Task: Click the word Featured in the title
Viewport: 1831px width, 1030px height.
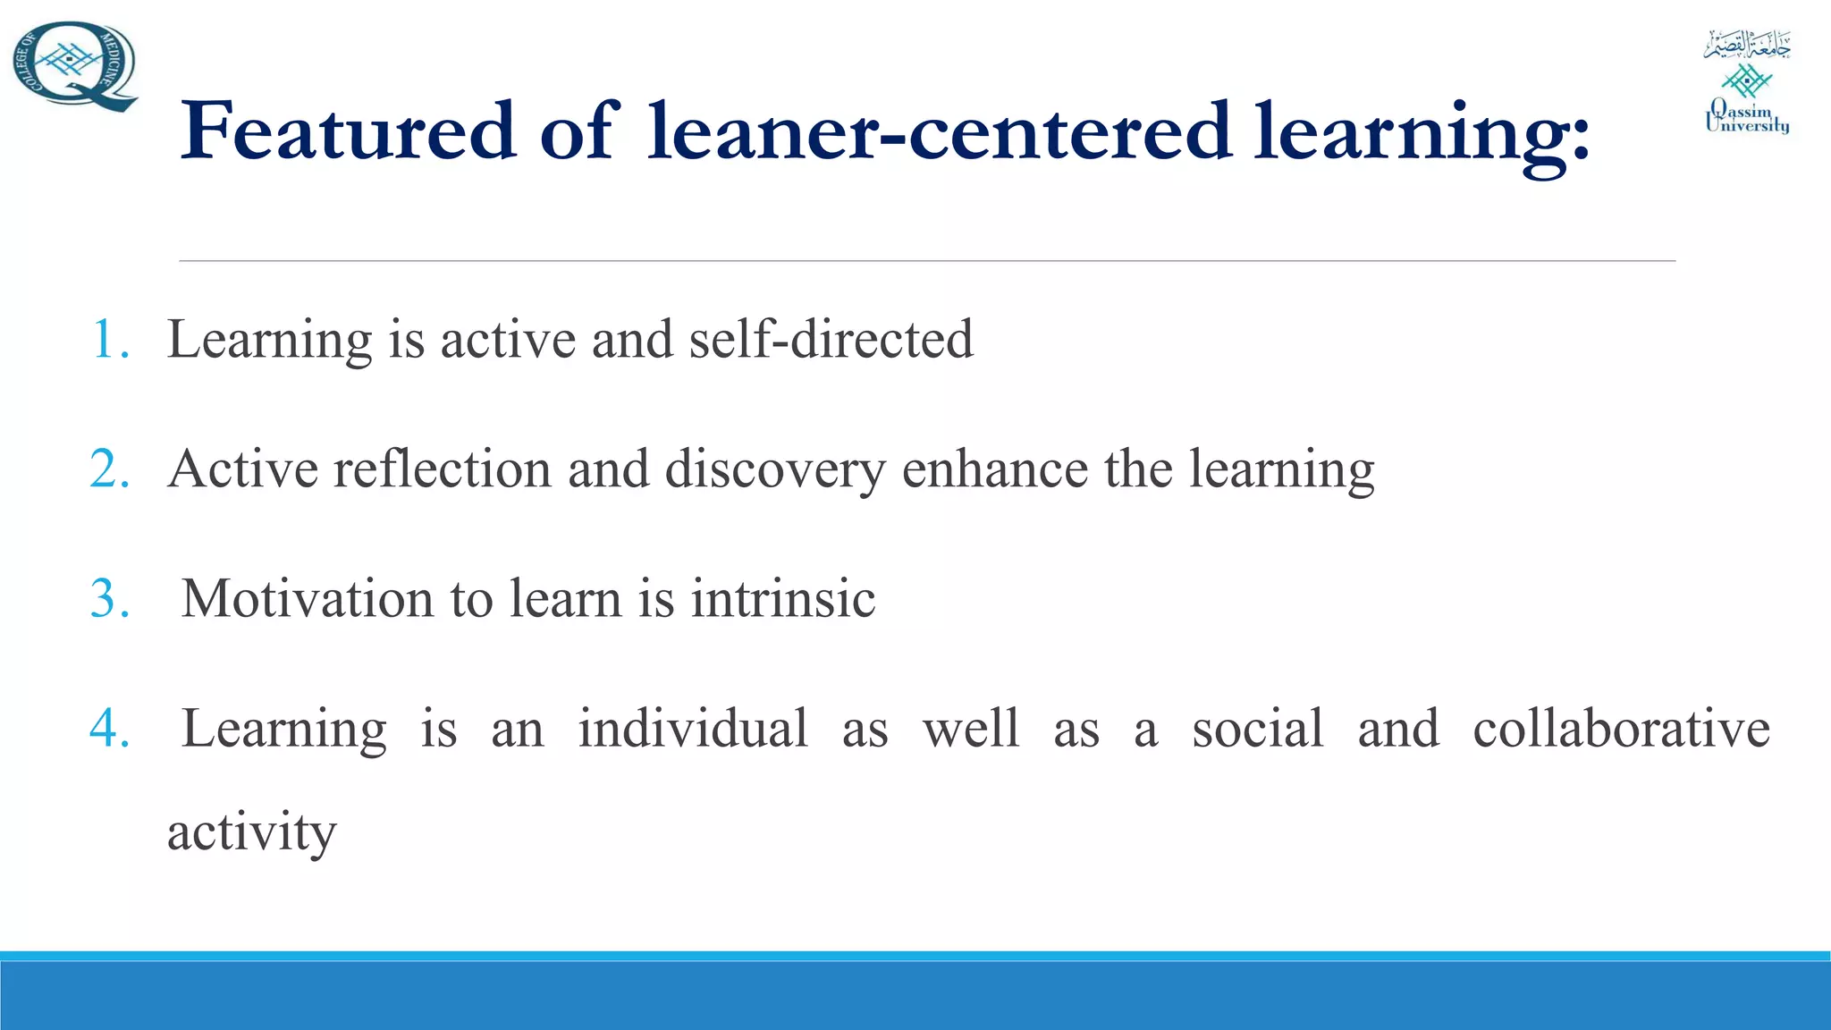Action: [348, 131]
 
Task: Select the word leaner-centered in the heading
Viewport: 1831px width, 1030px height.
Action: [940, 131]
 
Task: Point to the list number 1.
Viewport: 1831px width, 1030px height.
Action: [110, 340]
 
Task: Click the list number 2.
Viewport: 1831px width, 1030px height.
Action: [110, 469]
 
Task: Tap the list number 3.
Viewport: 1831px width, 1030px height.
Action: [110, 599]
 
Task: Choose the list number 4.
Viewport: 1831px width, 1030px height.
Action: [110, 729]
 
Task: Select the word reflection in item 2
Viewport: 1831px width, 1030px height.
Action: [443, 469]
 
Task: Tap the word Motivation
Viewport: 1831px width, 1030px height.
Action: [308, 599]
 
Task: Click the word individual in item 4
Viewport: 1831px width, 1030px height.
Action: [693, 729]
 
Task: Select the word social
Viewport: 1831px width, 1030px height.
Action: [1257, 729]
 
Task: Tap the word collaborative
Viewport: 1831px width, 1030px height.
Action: [1621, 729]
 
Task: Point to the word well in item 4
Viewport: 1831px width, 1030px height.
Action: [971, 729]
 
